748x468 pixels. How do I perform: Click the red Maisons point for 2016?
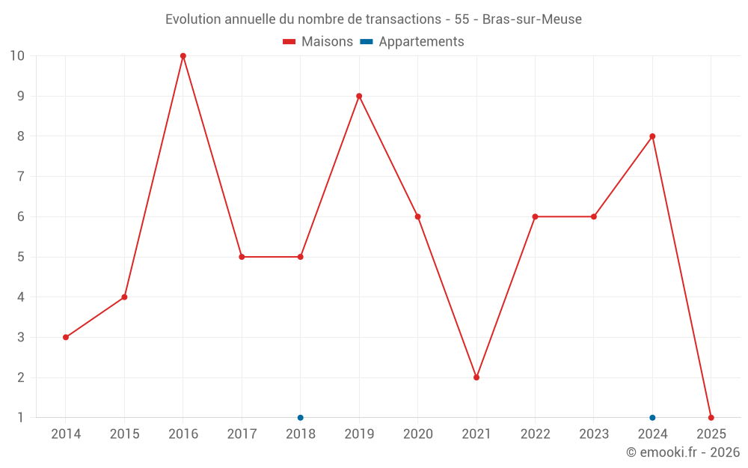pos(183,56)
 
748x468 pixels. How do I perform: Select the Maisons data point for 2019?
pos(359,96)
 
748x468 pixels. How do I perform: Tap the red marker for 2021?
pos(476,377)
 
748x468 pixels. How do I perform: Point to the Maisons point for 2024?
pos(652,136)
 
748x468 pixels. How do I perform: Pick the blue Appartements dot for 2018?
pos(301,418)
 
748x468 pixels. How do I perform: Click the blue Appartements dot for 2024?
pos(652,418)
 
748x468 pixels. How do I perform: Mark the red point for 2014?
pos(66,337)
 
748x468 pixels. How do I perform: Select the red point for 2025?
pos(711,418)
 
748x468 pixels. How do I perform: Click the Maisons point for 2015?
pos(124,297)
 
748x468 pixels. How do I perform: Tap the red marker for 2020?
pos(417,216)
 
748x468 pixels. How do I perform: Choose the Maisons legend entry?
pos(318,42)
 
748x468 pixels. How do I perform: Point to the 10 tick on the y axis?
pos(17,56)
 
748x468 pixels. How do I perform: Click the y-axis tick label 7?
pos(21,177)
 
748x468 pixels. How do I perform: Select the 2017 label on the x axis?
pos(242,434)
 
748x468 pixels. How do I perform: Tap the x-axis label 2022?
pos(535,434)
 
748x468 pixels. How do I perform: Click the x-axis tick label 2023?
pos(594,434)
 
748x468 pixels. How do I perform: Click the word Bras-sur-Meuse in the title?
pos(532,19)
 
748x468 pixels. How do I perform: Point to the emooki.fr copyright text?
pos(683,452)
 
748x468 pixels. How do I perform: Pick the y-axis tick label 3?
pos(21,337)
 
